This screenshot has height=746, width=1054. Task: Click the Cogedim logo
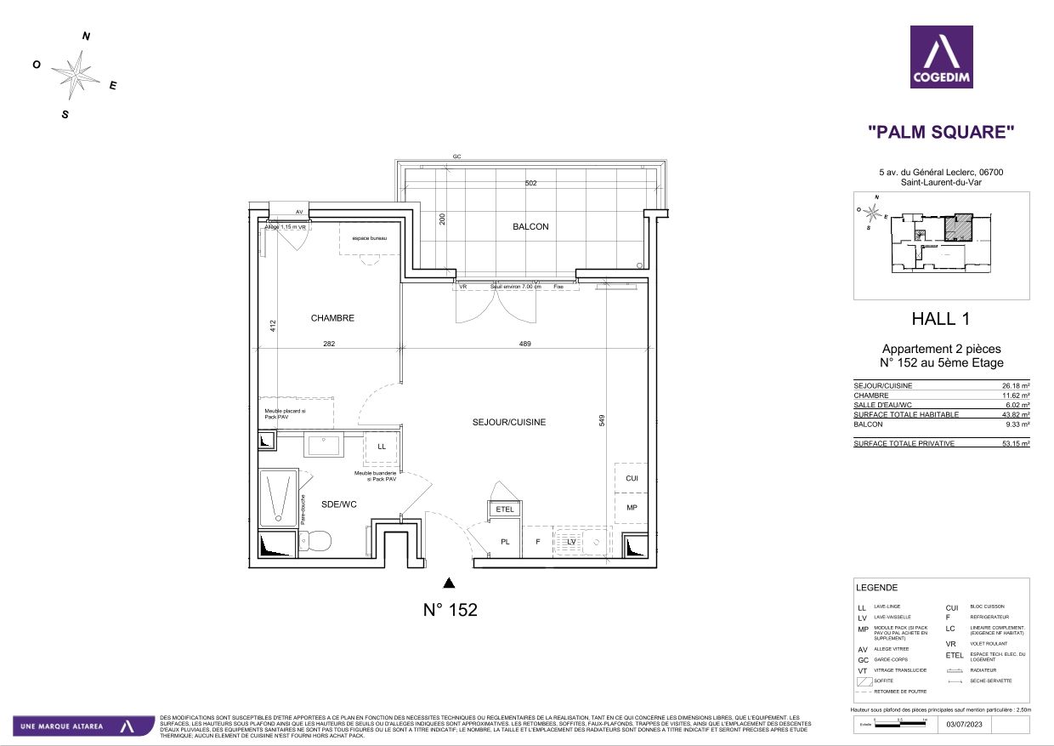(941, 57)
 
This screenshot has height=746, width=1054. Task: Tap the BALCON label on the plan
(530, 227)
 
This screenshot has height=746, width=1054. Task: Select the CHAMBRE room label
(332, 318)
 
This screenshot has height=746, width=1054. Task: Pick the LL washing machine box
(382, 447)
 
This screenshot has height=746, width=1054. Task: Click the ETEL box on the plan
(505, 510)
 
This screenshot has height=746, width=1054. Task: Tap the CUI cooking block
(632, 479)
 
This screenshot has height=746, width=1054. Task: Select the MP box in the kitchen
(632, 508)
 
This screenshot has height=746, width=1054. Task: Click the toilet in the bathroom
(316, 540)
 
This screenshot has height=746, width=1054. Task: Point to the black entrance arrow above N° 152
(450, 583)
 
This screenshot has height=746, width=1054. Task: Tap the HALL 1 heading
(940, 320)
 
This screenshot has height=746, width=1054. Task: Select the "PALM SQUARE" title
(941, 132)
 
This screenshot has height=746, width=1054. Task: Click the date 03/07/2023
(963, 725)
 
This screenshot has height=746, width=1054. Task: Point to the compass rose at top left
(77, 74)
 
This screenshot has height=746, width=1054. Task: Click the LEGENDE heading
(876, 588)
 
